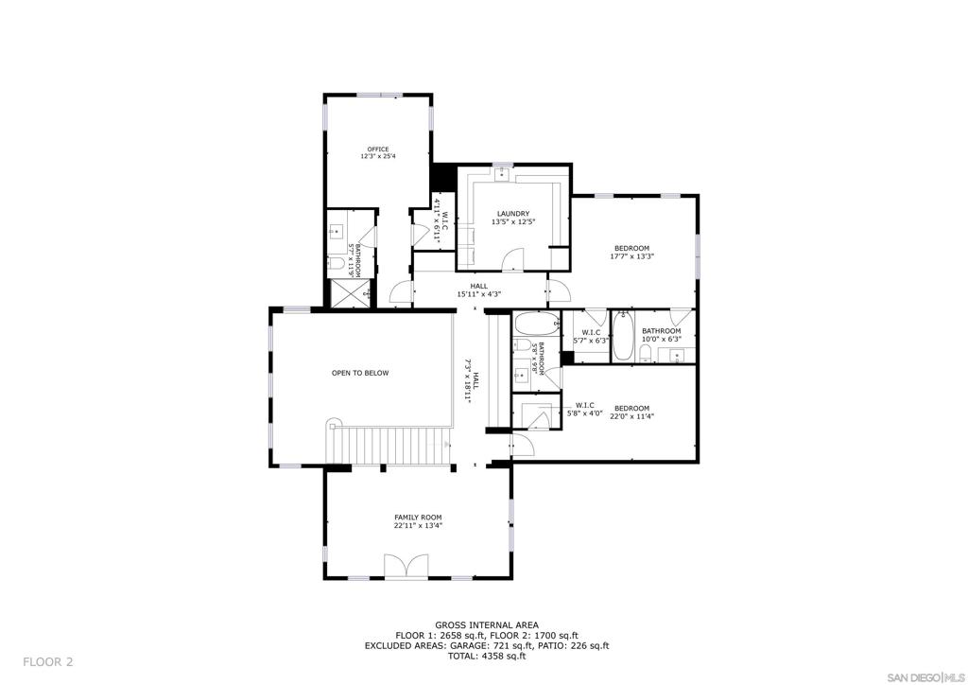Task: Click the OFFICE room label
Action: (x=378, y=149)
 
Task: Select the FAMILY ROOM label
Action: (x=418, y=518)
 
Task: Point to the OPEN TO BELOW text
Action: (x=360, y=373)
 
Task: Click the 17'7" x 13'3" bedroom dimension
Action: (x=631, y=256)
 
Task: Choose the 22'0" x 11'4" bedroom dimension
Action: (x=631, y=416)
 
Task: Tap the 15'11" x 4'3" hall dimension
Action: (x=478, y=294)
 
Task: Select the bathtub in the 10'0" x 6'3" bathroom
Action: (x=622, y=336)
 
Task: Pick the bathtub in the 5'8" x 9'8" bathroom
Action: (x=537, y=323)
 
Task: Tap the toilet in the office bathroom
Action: (x=337, y=264)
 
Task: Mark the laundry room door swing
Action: (x=512, y=259)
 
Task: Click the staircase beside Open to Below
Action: (x=389, y=444)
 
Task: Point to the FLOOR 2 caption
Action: (x=48, y=662)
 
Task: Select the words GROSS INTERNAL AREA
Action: (x=487, y=625)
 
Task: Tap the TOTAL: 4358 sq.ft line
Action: (x=487, y=657)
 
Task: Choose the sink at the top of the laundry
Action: (x=503, y=172)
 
